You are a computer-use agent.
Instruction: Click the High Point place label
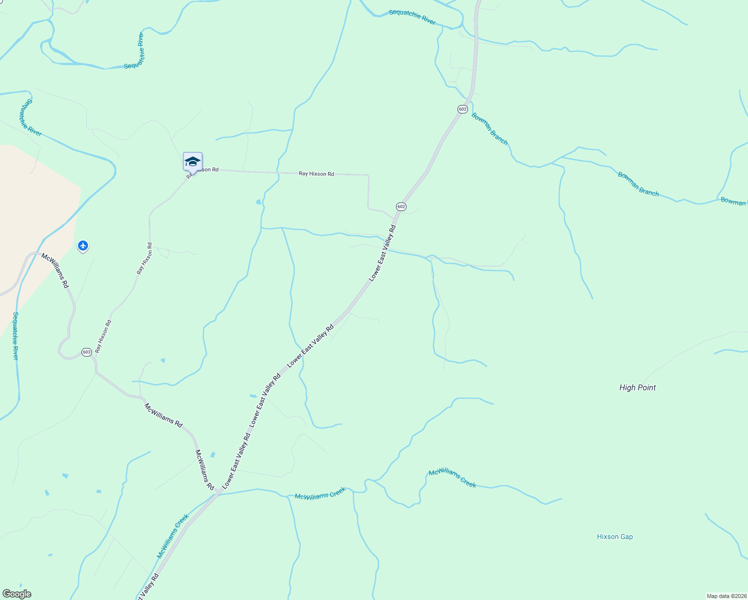tap(637, 387)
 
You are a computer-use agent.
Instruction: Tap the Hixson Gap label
tap(614, 536)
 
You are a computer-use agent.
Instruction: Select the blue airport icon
tap(83, 245)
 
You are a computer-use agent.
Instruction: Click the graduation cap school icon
tap(192, 161)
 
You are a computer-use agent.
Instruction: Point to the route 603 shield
tap(86, 352)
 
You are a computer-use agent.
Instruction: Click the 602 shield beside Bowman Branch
tap(462, 109)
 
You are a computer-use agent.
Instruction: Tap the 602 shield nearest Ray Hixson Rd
tap(401, 206)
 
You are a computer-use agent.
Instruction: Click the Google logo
tap(16, 594)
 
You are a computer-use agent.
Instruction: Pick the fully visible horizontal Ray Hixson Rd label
tap(316, 174)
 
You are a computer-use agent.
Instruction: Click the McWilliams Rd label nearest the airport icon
tap(55, 270)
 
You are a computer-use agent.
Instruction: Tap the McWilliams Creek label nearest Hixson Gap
tap(452, 478)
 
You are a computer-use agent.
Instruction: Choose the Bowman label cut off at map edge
tap(733, 201)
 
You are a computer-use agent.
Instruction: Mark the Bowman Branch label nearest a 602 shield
tap(489, 129)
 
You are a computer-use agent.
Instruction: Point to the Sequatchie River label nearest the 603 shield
tap(15, 335)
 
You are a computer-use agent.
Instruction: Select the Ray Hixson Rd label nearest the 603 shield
tap(103, 336)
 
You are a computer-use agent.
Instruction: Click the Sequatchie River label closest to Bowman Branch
tap(412, 16)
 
